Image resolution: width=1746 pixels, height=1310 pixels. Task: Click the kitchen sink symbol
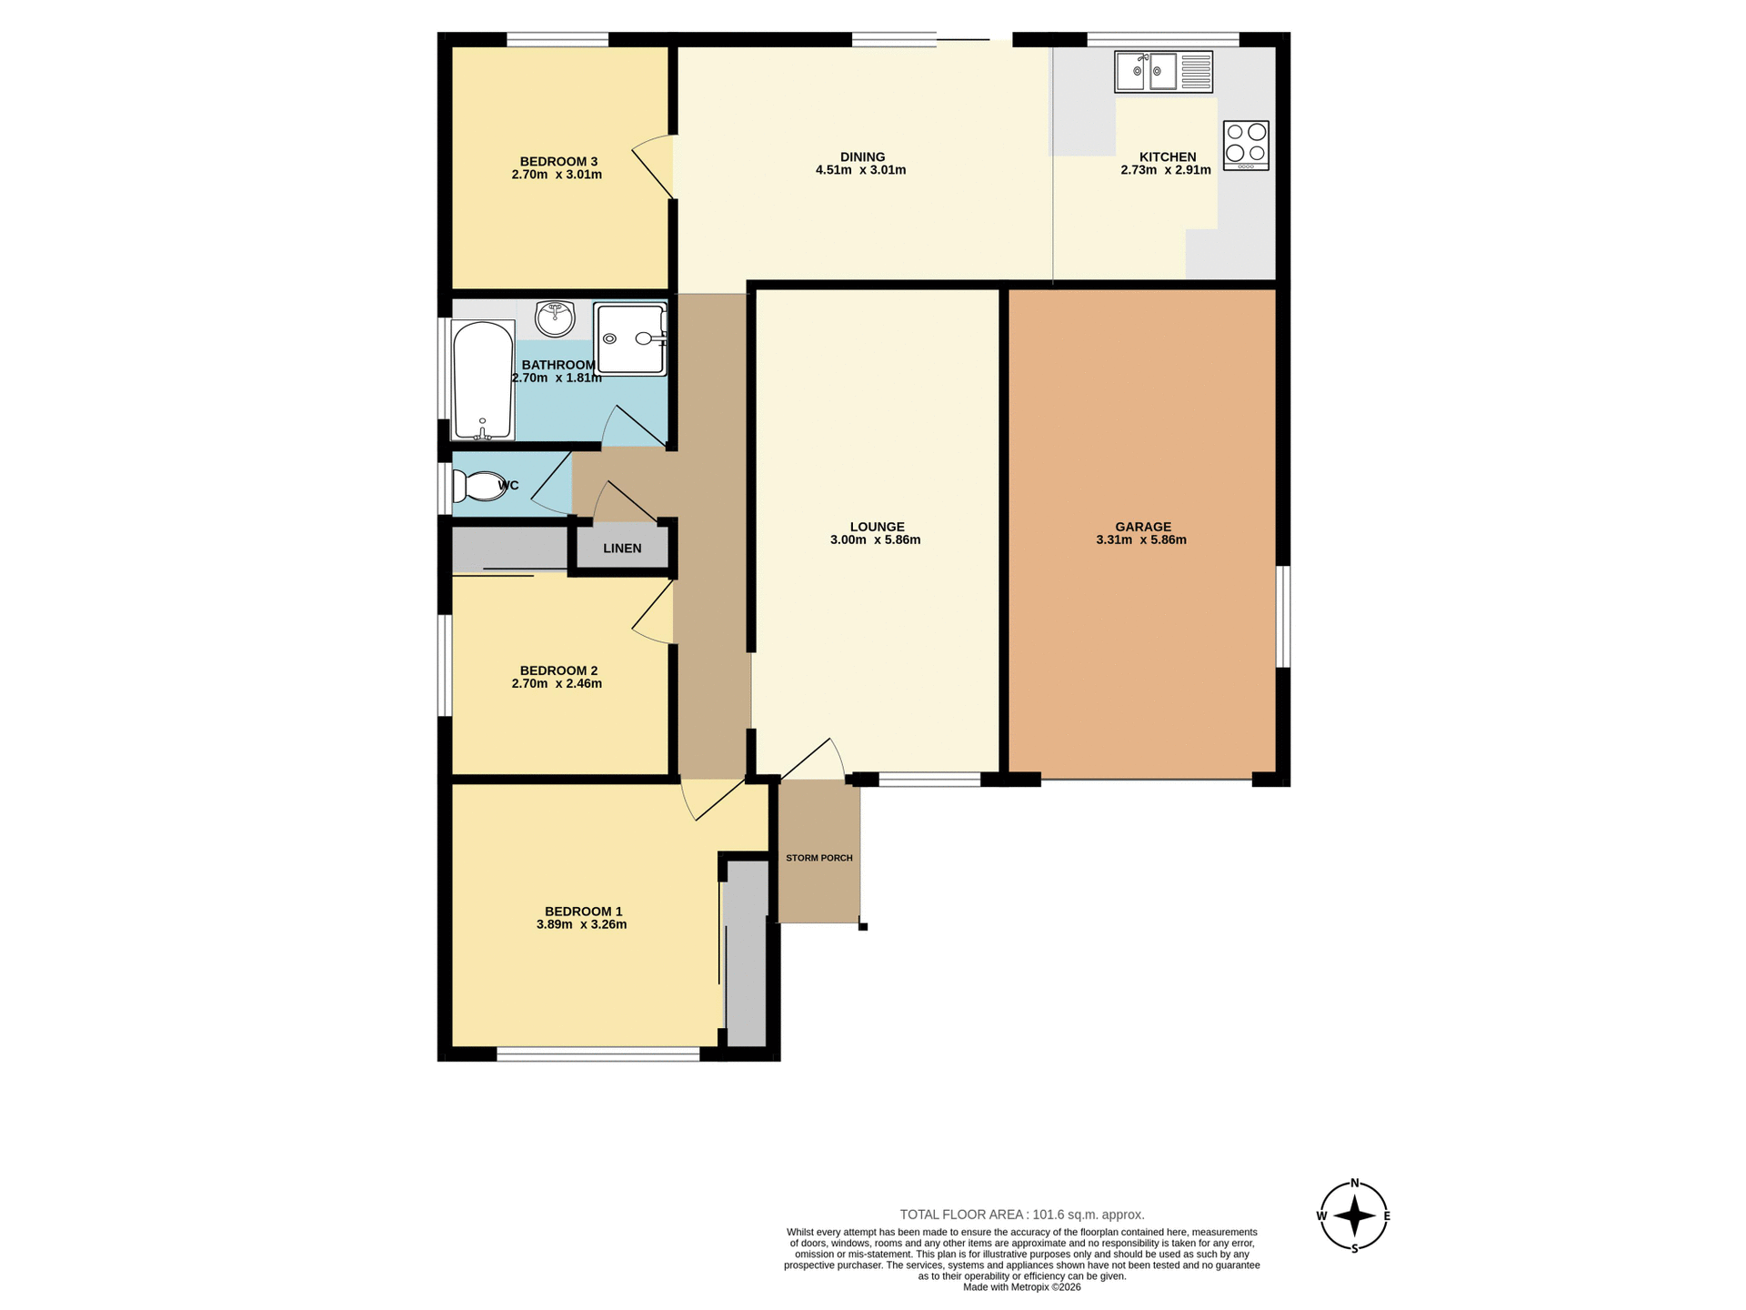coord(1163,72)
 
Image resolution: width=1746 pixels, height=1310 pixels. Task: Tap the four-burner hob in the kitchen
coord(1246,145)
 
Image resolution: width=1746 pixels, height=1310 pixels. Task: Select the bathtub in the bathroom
coord(483,380)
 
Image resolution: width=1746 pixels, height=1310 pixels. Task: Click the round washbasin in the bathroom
coord(555,318)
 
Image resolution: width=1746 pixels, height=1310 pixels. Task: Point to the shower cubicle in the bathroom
coord(630,338)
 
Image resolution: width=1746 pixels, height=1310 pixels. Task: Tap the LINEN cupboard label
coord(622,549)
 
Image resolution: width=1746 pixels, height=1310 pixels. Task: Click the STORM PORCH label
coord(819,858)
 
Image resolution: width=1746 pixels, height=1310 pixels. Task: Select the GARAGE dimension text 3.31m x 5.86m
coord(1141,539)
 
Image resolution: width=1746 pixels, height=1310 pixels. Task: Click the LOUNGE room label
coord(877,527)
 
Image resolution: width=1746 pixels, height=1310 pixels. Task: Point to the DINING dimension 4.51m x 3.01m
coord(860,170)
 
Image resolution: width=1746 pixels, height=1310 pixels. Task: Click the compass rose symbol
coord(1353,1215)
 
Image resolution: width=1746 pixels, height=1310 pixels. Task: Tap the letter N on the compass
coord(1354,1184)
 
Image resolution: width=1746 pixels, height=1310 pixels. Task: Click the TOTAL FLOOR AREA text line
coord(1021,1214)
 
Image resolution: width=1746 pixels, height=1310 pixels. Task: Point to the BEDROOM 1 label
coord(583,912)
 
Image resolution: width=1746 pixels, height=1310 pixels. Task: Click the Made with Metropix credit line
coord(1021,1287)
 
